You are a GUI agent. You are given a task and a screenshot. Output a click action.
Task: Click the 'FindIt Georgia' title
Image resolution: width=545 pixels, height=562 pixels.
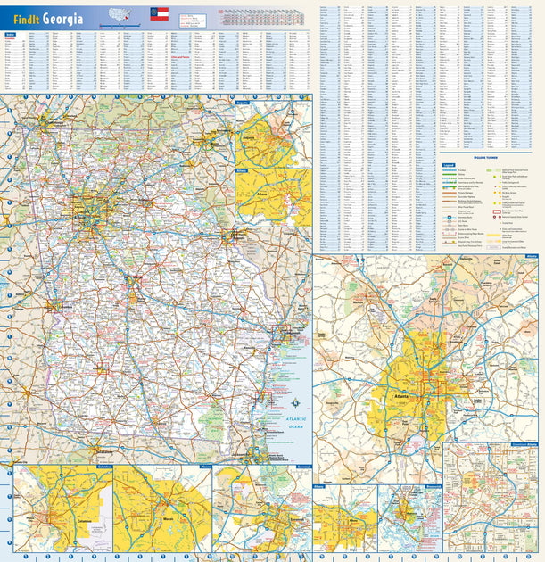48,18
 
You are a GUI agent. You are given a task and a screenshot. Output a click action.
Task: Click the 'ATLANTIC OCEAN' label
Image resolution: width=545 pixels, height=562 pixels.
291,424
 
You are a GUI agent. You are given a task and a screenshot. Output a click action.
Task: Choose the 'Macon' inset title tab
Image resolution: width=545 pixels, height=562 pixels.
204,467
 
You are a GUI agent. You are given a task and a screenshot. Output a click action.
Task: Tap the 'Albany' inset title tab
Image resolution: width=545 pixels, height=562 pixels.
319,487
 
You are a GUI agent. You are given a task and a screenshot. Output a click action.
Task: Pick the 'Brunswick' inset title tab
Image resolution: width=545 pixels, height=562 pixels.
433,487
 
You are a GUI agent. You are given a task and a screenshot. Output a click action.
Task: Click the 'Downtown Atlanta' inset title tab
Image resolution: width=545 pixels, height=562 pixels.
524,443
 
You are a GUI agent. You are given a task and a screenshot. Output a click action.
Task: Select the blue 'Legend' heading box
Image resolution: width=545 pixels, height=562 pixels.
450,166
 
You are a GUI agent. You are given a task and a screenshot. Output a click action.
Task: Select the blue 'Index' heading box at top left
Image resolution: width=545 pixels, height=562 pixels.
11,36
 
